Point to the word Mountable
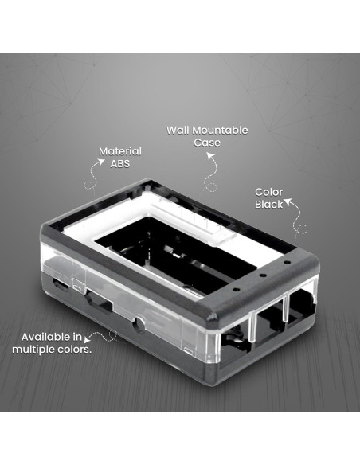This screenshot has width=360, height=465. [220, 130]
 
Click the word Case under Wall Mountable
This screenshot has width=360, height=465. [206, 143]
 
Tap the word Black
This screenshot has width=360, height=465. [268, 205]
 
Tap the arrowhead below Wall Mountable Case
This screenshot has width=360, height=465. [212, 157]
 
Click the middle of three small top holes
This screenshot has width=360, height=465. [262, 275]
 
